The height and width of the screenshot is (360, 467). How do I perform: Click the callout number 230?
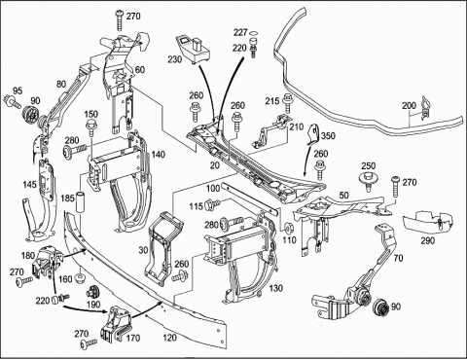[x=175, y=59]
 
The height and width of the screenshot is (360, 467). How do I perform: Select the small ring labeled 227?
[x=254, y=33]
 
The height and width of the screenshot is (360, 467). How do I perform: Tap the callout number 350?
[x=328, y=135]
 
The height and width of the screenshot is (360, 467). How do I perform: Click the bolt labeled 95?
[x=12, y=101]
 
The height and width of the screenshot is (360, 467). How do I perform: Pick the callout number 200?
[x=410, y=106]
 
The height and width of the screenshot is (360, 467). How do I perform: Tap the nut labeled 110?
[x=288, y=229]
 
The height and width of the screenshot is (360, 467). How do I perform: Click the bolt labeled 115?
[x=213, y=204]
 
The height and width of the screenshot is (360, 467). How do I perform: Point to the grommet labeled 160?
[x=80, y=278]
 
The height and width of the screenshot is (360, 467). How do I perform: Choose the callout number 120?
[x=169, y=338]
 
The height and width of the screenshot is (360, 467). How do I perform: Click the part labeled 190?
[x=93, y=292]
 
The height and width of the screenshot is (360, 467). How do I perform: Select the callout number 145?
[x=29, y=185]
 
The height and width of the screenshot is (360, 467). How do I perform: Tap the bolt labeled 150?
[x=90, y=128]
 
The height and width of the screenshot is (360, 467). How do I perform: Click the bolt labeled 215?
[x=287, y=102]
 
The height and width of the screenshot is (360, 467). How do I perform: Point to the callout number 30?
[x=143, y=250]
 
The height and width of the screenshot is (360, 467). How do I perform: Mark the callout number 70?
[x=399, y=258]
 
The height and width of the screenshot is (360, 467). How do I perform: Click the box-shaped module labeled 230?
[x=194, y=49]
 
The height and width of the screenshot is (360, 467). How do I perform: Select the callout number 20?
[x=215, y=165]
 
